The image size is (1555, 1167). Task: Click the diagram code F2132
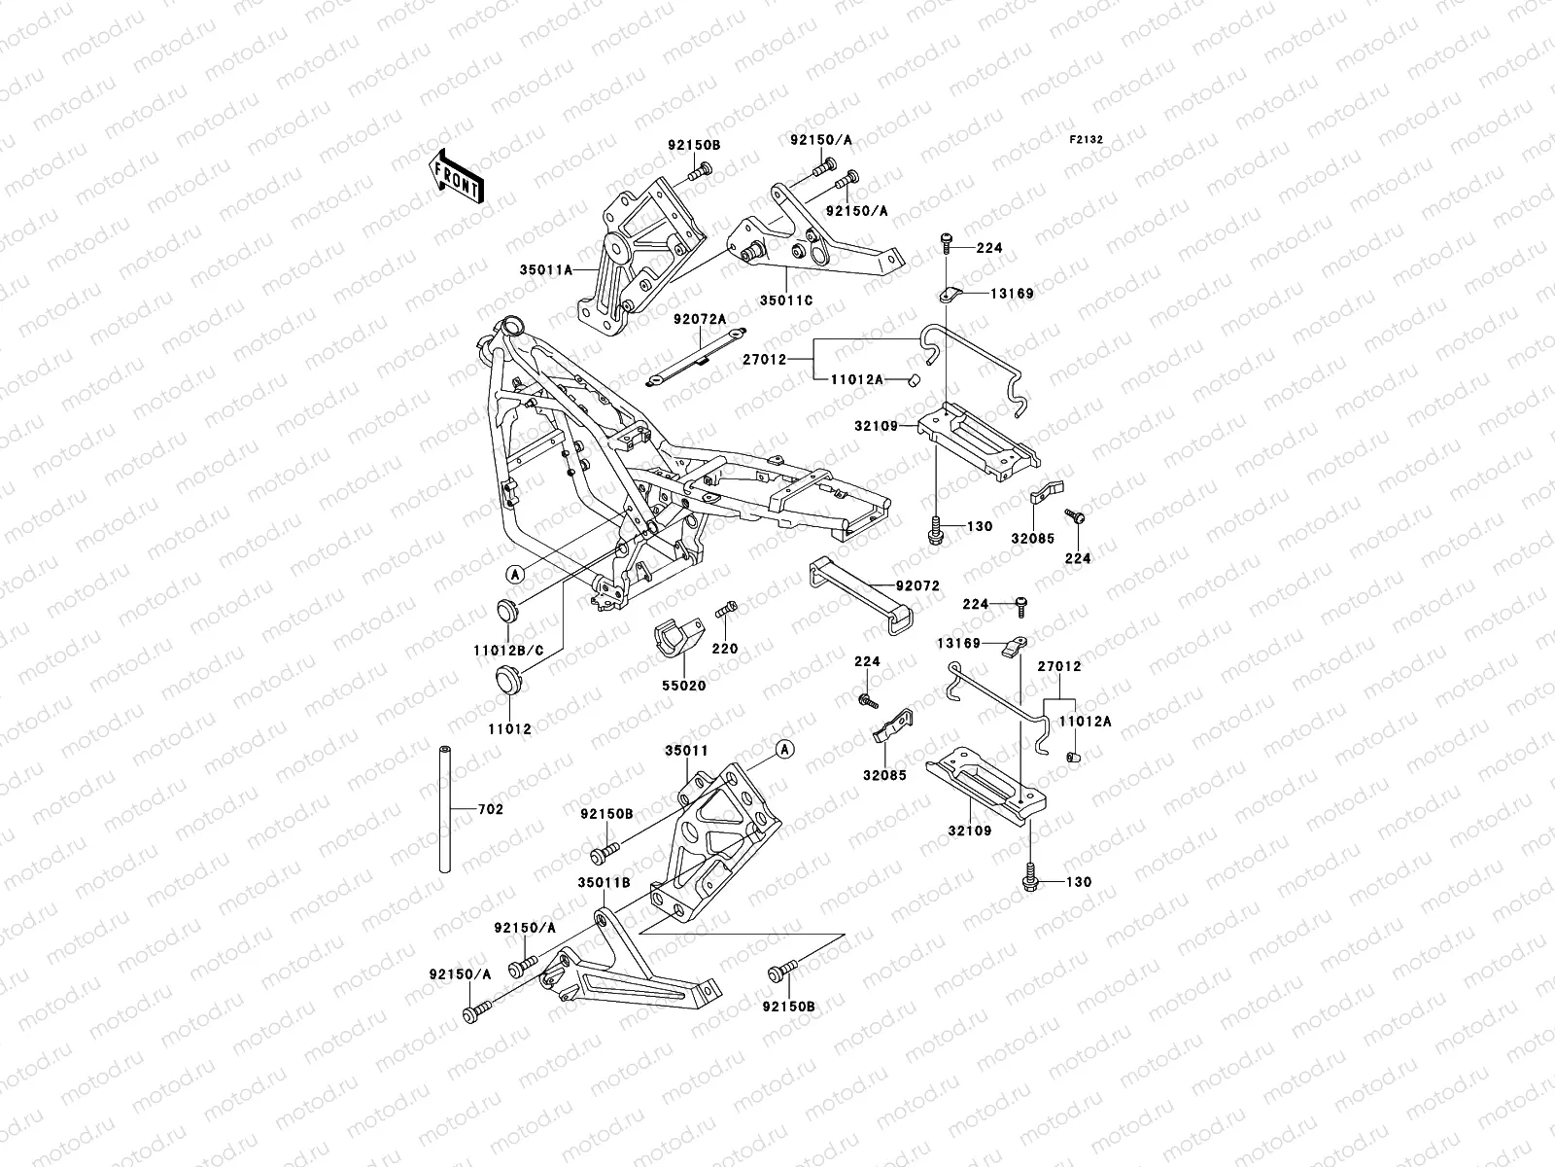click(x=1087, y=140)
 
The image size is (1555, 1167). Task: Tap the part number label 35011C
click(x=787, y=300)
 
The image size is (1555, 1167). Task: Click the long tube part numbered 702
click(x=446, y=809)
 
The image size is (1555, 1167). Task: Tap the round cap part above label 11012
click(x=512, y=680)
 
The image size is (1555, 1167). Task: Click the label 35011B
click(x=604, y=882)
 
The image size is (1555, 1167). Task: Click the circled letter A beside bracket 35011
click(x=785, y=747)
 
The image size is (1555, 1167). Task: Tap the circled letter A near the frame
click(x=515, y=574)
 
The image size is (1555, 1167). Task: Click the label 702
click(x=491, y=809)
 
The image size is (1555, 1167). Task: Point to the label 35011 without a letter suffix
click(x=686, y=750)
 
